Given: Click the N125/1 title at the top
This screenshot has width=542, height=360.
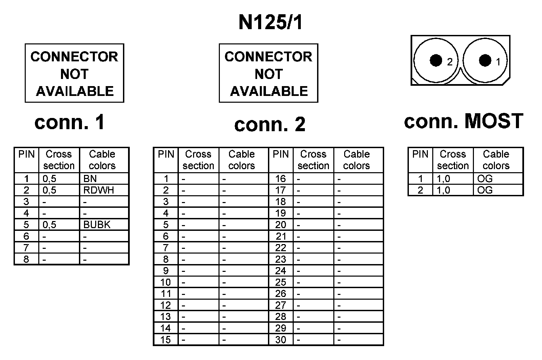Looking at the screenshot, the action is point(270,23).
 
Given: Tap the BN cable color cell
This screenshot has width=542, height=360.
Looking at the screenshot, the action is point(90,179).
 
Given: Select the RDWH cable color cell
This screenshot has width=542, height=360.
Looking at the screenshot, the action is point(99,190).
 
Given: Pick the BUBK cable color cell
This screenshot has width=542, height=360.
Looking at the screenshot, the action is point(97,225).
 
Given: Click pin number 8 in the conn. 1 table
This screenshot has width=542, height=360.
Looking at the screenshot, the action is point(26,259).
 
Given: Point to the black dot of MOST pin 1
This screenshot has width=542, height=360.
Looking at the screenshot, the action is point(485,60).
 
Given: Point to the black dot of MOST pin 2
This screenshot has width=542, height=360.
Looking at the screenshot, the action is point(436,60).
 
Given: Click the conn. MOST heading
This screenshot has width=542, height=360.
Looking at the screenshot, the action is point(463,121).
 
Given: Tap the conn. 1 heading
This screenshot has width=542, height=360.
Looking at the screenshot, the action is point(70,122).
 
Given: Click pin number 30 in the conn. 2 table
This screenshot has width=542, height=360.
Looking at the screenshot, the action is point(280,340).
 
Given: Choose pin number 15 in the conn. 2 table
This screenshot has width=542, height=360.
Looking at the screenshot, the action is point(165,340).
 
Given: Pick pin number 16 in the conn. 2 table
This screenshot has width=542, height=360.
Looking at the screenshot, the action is point(280,179).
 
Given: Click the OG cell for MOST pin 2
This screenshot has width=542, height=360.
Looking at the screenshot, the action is point(485,190).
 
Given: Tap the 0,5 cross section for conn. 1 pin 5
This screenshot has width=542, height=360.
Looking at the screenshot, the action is point(49,225).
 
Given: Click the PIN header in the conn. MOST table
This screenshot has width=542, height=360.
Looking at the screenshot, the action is point(420,154).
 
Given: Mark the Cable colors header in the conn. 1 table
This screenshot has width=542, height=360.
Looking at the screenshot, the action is point(102,160).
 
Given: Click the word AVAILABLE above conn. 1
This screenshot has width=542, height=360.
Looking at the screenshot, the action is point(75,91).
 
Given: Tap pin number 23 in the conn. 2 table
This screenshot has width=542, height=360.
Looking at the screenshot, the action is point(280,259).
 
